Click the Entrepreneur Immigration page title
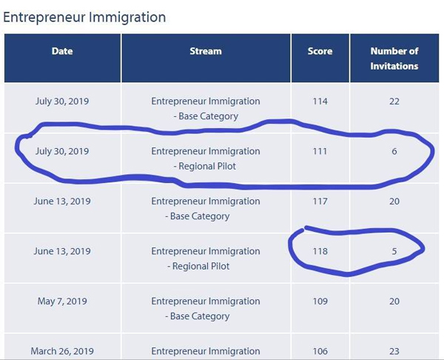click(84, 17)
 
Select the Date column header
click(62, 51)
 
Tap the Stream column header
click(206, 51)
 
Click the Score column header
click(320, 51)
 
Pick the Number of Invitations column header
click(394, 59)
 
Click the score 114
click(320, 101)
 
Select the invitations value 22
click(394, 101)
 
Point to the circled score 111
click(320, 151)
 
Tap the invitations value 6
click(394, 151)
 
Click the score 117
click(320, 201)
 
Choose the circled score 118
click(320, 251)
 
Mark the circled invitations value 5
click(394, 251)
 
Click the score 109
click(320, 301)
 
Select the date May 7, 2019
click(62, 301)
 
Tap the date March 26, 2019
click(62, 351)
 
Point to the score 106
click(320, 351)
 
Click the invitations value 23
click(394, 351)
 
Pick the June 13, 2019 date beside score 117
click(62, 201)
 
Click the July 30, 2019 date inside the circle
click(62, 151)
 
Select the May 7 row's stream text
click(206, 309)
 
